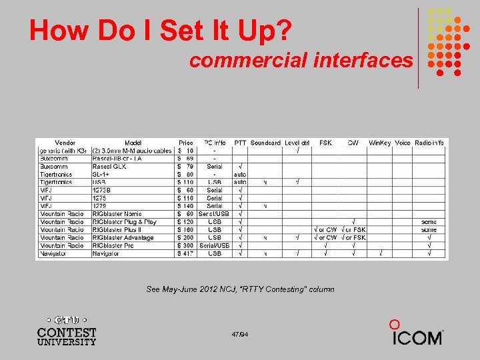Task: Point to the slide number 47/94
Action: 240,333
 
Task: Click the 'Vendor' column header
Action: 65,143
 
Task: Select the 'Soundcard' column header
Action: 265,143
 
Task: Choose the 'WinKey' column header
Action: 379,143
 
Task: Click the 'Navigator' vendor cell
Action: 54,253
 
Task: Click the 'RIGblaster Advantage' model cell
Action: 123,237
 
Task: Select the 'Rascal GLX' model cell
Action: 109,167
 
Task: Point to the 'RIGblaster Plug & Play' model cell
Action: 124,221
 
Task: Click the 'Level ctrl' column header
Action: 297,143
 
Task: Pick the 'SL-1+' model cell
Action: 101,175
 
